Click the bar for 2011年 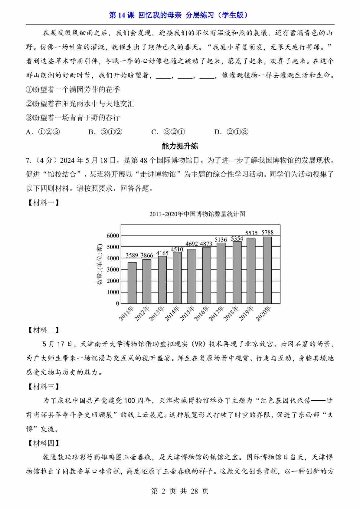click(132, 282)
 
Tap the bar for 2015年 click(192, 276)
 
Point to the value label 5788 click(267, 232)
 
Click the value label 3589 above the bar click(132, 255)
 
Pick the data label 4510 click(177, 249)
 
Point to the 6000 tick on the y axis click(113, 235)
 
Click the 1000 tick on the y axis click(113, 292)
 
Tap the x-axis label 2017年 click(217, 313)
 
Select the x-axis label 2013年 click(157, 313)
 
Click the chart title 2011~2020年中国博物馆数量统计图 click(197, 214)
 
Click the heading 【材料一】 click(43, 203)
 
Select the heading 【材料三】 click(43, 386)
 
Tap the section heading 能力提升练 click(180, 146)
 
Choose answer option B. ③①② click(105, 132)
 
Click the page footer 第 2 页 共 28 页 click(180, 491)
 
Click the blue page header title click(180, 15)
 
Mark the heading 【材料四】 click(43, 443)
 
